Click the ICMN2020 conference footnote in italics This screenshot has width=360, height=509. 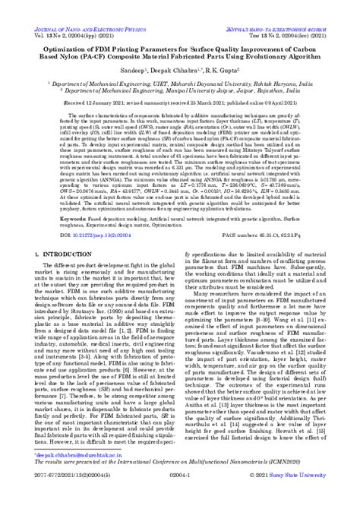tap(179, 481)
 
